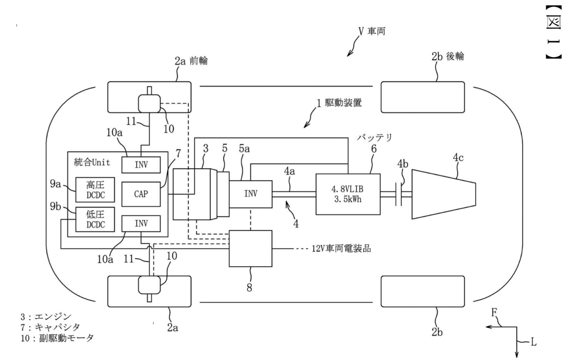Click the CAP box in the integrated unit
click(141, 194)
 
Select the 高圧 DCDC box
click(95, 190)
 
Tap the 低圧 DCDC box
click(95, 219)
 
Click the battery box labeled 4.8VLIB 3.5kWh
click(348, 194)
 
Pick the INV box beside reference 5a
click(251, 194)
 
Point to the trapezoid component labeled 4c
click(444, 194)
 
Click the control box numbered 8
click(251, 249)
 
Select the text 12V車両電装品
click(341, 249)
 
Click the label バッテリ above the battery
click(374, 137)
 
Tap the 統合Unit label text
click(92, 162)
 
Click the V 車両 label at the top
click(372, 31)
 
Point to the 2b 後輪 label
click(448, 56)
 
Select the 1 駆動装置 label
click(339, 102)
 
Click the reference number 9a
click(55, 184)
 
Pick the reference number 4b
click(403, 164)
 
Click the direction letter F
click(495, 312)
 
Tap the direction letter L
click(533, 342)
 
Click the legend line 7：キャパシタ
click(50, 327)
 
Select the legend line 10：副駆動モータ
click(57, 338)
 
